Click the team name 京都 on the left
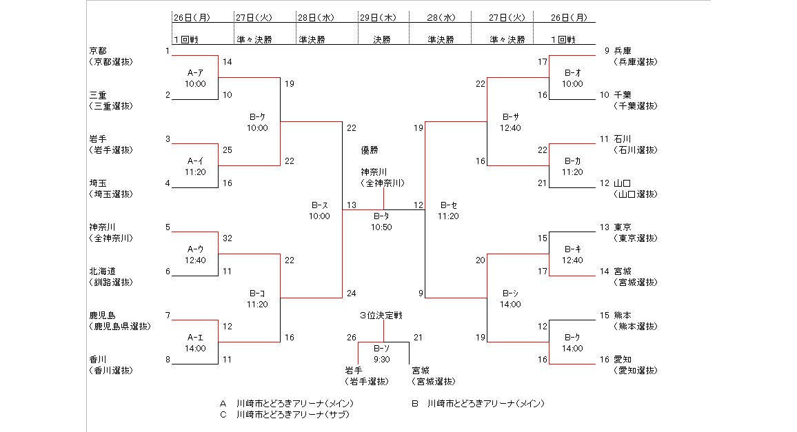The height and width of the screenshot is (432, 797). pos(98,50)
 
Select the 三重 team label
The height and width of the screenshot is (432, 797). pos(98,94)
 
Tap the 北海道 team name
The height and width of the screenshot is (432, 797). pos(102,271)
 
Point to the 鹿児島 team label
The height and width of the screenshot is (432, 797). pos(102,315)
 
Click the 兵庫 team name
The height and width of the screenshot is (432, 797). pos(623,50)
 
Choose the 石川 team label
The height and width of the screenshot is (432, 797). pos(623,138)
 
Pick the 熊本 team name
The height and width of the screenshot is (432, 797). pos(623,315)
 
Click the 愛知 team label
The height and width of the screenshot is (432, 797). pos(623,359)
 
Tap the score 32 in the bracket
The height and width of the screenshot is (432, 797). pos(228,238)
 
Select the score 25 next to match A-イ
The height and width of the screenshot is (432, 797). pos(228,150)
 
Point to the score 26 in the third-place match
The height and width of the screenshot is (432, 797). pos(352,337)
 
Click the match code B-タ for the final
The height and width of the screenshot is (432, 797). pos(381,216)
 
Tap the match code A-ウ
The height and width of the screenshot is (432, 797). pos(195,249)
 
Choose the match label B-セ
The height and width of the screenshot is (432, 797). pos(448,205)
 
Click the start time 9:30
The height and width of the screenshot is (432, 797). pos(381,359)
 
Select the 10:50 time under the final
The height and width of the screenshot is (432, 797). pos(381,227)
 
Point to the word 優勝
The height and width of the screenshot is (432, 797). pos(370,150)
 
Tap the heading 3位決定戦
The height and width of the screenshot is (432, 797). pos(381,315)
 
